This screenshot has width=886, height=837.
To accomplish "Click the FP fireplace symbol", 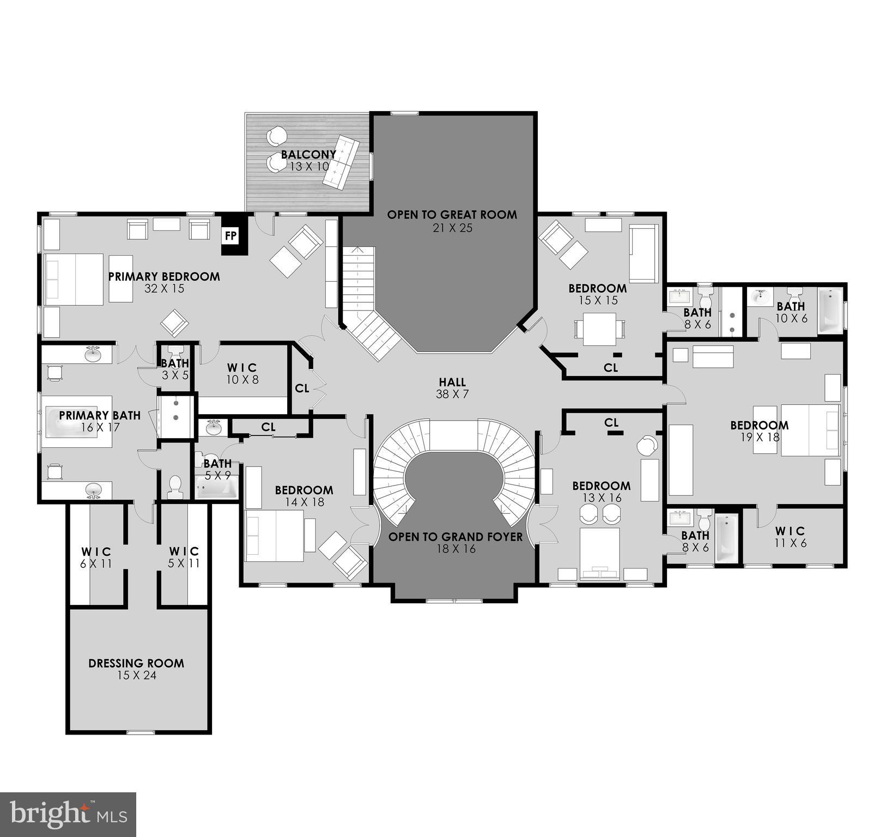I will pos(231,235).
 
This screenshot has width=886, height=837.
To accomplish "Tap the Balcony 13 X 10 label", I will pos(309,160).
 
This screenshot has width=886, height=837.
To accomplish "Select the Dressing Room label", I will pos(136,669).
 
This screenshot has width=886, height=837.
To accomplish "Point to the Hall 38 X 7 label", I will pos(452,388).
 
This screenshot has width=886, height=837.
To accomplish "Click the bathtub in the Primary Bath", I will pos(76,421).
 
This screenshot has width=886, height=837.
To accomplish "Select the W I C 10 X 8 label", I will pos(242,373).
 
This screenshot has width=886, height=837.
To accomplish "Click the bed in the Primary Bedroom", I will pos(74,279).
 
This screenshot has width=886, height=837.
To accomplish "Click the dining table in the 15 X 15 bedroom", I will pos(599,329).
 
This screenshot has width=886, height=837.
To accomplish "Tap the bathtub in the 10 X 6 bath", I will pos(829,311).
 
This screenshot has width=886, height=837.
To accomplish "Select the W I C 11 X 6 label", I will pos(790,536).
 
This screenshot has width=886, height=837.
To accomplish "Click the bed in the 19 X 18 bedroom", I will pos(810,430).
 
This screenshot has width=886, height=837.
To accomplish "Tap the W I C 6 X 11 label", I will pos(96,557).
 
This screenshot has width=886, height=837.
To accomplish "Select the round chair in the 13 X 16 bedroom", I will pos(647,446).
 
